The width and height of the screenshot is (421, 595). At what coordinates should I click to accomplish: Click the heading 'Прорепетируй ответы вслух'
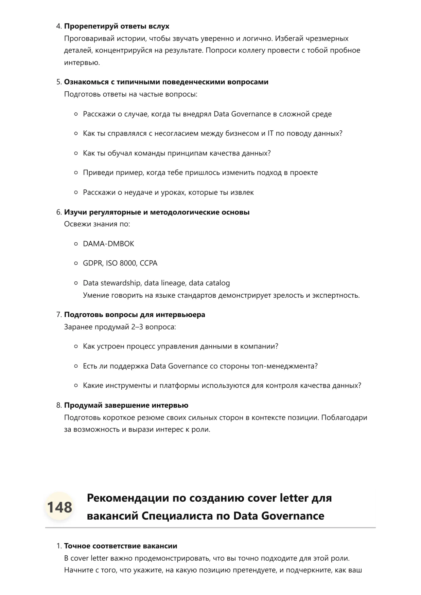click(117, 26)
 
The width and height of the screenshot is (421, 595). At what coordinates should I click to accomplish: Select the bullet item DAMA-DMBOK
click(108, 244)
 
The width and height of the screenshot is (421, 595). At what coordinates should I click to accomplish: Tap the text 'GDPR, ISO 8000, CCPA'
click(120, 263)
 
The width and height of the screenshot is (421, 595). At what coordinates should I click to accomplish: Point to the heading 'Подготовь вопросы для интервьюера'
click(135, 315)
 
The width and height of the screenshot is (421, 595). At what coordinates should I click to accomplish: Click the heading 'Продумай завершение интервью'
click(126, 405)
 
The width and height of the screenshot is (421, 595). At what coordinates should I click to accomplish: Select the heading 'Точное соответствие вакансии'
click(121, 546)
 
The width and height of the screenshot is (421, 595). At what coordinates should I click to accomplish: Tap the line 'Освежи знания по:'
click(97, 224)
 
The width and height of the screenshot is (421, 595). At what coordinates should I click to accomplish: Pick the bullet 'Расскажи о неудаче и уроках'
click(168, 192)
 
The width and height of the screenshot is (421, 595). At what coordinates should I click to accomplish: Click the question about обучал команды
click(177, 153)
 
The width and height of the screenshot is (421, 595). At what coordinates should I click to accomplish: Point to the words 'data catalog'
click(209, 283)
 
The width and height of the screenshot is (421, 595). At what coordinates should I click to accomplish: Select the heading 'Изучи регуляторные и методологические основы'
click(157, 212)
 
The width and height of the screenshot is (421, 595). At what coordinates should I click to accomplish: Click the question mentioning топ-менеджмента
click(200, 366)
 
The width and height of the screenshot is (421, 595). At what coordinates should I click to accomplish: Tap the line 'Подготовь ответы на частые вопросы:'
click(130, 94)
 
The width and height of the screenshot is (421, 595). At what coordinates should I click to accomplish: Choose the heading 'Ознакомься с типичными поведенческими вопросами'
click(166, 82)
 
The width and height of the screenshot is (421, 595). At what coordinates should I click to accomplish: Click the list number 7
click(59, 315)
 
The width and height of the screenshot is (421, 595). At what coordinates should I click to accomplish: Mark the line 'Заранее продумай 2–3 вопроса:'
click(120, 327)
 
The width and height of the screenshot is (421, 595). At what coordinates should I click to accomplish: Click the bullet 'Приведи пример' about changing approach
click(200, 172)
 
